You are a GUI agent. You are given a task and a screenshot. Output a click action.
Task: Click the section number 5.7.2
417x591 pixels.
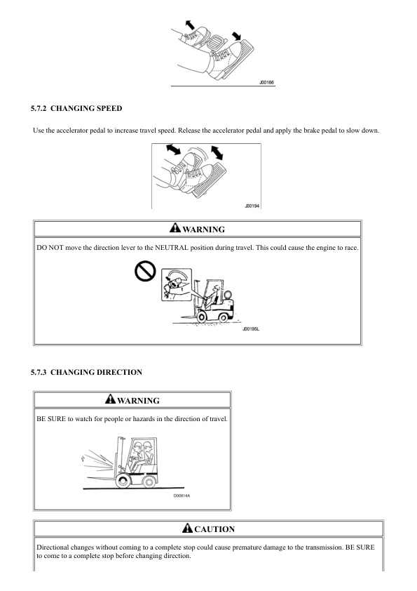point(39,109)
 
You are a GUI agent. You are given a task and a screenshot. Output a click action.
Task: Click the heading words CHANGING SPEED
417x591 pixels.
point(86,109)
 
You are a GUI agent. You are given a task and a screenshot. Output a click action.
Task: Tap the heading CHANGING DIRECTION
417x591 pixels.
point(96,373)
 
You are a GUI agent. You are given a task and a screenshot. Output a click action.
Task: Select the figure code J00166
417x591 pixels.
point(266,82)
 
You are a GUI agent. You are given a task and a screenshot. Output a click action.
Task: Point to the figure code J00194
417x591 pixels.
point(252,206)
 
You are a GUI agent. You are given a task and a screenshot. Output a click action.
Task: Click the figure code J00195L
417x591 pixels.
point(251,329)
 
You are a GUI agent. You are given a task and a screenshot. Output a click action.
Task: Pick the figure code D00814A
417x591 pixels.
point(182,496)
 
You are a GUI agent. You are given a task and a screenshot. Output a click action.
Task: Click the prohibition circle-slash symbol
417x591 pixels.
point(145,271)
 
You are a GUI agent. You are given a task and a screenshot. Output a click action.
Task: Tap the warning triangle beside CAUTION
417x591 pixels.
point(187,528)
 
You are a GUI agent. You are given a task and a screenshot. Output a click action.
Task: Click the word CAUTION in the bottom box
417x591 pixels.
point(214,529)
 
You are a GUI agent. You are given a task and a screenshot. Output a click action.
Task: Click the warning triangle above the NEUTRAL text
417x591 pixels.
point(175,227)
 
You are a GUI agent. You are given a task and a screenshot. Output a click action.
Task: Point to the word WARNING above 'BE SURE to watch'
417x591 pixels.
point(139,401)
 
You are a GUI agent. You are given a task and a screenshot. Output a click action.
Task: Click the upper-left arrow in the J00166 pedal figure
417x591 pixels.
point(190,25)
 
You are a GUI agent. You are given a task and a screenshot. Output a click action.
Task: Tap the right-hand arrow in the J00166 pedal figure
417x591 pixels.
point(236,36)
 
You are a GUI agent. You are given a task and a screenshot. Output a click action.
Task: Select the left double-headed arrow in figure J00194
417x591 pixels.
point(173,149)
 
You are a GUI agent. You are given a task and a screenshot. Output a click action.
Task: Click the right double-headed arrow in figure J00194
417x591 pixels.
point(217,152)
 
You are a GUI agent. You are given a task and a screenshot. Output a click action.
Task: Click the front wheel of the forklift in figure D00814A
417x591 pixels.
point(123,481)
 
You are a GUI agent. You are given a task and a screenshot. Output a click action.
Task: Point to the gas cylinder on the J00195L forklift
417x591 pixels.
point(227,294)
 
